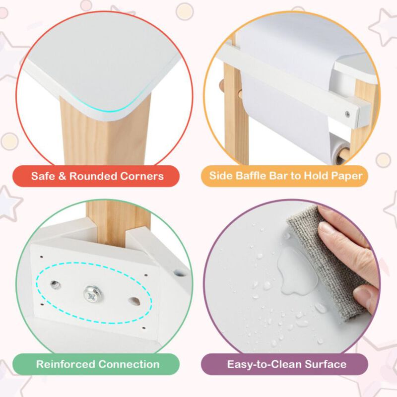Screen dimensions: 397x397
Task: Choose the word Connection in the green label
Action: [x=129, y=364]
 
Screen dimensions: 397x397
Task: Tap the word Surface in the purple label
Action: [x=324, y=364]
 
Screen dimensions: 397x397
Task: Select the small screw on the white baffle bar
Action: [x=347, y=115]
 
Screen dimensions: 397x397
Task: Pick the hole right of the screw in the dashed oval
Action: [x=133, y=300]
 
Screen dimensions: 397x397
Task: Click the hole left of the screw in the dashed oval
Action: [x=54, y=284]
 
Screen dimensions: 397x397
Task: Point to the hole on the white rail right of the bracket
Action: [x=178, y=273]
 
